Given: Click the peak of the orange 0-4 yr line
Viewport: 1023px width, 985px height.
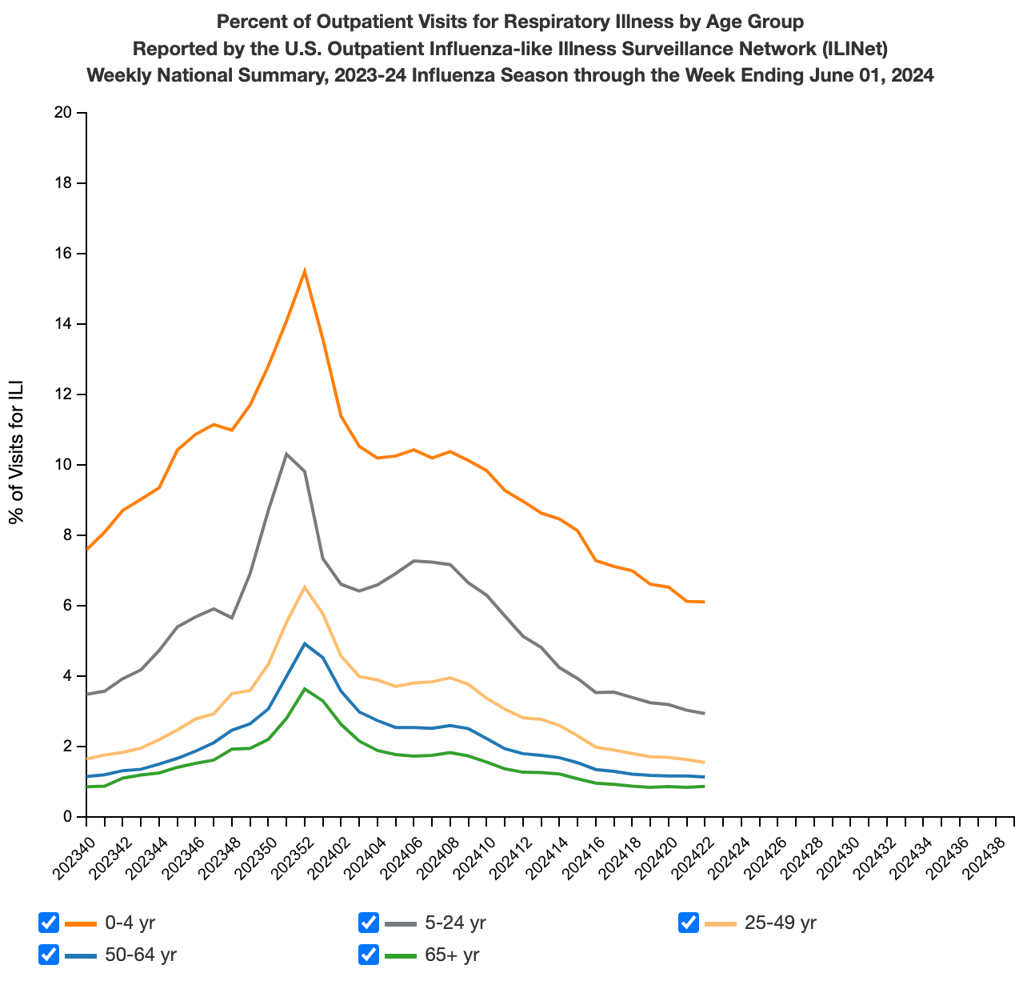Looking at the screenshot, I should point(305,270).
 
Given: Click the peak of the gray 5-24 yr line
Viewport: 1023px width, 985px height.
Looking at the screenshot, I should point(286,454).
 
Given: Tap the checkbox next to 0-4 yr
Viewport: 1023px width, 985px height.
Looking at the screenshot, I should point(49,923).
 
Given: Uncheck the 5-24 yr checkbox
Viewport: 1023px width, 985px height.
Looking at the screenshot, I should point(369,923).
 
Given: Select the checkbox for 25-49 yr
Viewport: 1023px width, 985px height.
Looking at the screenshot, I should point(689,923).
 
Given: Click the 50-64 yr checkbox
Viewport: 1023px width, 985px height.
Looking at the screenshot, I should point(49,955).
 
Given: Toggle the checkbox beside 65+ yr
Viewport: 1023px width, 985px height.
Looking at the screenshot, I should point(369,955).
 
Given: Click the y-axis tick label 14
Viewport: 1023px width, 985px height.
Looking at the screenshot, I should point(63,324).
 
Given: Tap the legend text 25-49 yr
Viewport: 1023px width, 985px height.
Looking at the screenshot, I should point(780,923).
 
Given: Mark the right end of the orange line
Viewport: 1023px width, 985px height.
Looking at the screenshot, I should point(704,602).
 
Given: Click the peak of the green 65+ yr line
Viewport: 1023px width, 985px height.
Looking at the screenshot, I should point(305,688).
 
